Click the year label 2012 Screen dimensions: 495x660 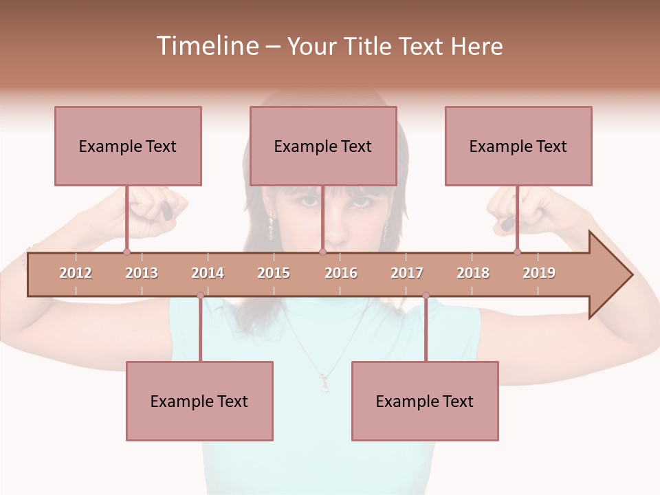[x=76, y=273]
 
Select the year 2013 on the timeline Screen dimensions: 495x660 [x=142, y=273]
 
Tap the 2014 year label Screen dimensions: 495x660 [x=208, y=273]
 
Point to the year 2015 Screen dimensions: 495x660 [x=274, y=273]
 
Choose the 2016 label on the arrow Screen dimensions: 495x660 [x=341, y=273]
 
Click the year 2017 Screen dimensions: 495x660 [x=407, y=273]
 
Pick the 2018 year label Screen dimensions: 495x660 [x=473, y=273]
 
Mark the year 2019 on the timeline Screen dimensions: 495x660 [x=539, y=273]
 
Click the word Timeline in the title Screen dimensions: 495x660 [x=206, y=46]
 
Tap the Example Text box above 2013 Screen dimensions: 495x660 [x=128, y=146]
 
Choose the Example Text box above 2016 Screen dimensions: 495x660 [x=323, y=146]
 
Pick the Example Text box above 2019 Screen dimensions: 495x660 [x=518, y=146]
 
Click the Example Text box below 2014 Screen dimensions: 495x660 [x=199, y=401]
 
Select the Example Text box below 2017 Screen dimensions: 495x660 [x=425, y=401]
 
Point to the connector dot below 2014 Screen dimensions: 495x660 [x=200, y=296]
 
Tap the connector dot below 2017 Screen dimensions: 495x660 [x=426, y=296]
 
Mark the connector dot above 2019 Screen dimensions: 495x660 [x=517, y=252]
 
